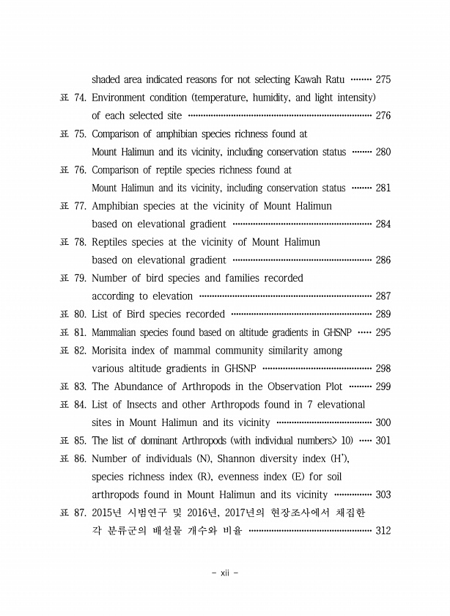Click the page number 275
pos(383,79)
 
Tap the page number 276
pos(383,116)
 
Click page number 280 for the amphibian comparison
pos(383,153)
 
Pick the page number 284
pos(383,224)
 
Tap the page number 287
pos(383,296)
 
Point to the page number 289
pos(383,315)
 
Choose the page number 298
pos(383,369)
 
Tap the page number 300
pos(383,422)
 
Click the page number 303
pos(383,495)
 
